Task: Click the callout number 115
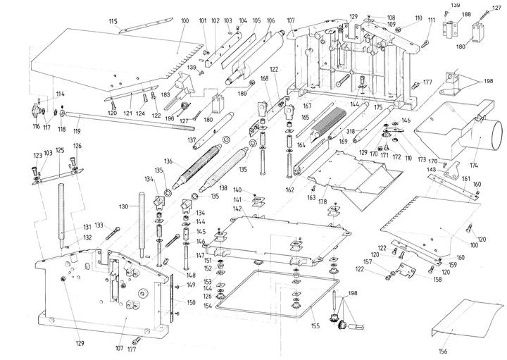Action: [x=113, y=21]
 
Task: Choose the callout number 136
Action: [x=168, y=161]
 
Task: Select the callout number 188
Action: [x=466, y=14]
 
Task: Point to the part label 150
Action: [x=190, y=302]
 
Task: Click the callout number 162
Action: [x=289, y=190]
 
